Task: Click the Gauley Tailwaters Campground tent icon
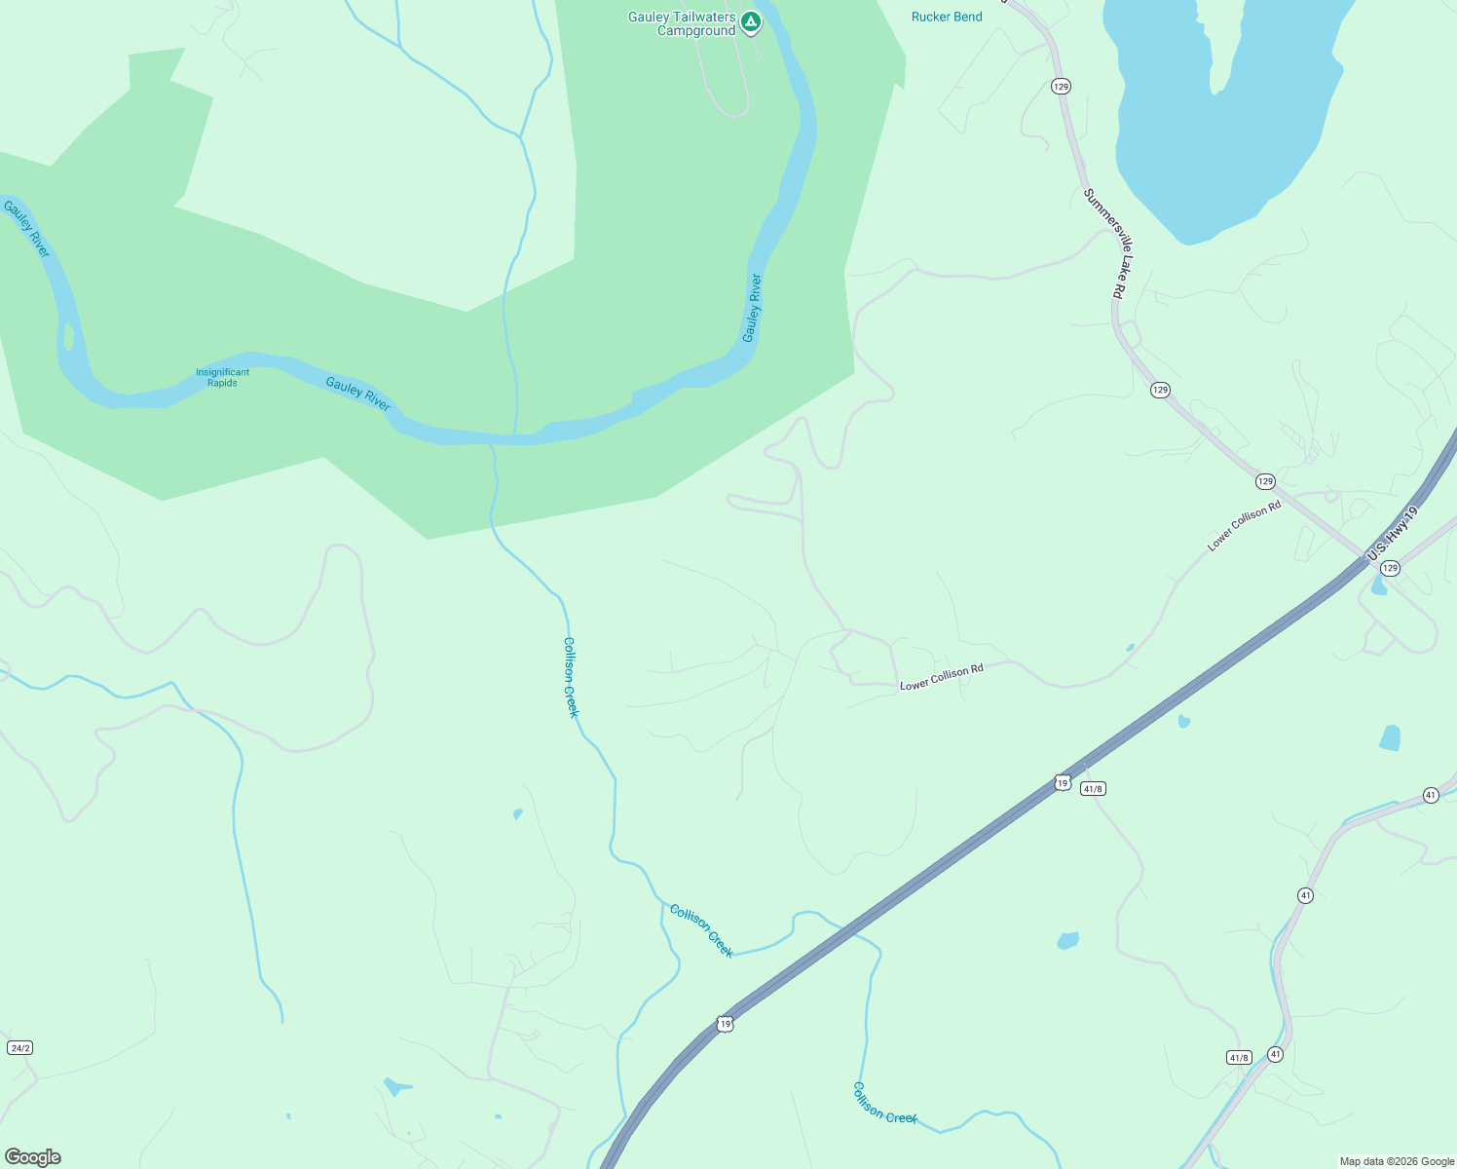point(750,21)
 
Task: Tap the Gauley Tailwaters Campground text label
point(682,24)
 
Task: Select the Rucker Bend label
point(947,17)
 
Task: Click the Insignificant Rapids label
point(222,377)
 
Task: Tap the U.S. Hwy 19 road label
point(1394,533)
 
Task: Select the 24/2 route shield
point(19,1047)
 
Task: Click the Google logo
point(33,1157)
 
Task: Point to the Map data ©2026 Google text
point(1397,1161)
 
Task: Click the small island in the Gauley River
point(68,335)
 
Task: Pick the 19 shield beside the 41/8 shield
point(1062,782)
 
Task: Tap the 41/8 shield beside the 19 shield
point(1093,789)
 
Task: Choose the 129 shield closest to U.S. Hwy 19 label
point(1390,568)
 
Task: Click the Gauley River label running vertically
point(751,308)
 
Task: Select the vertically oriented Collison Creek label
point(572,677)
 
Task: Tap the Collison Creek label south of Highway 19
point(884,1103)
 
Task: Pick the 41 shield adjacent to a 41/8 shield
point(1276,1054)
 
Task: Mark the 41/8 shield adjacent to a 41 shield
point(1239,1057)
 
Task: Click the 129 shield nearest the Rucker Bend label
point(1061,87)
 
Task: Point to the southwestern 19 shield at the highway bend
point(724,1024)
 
